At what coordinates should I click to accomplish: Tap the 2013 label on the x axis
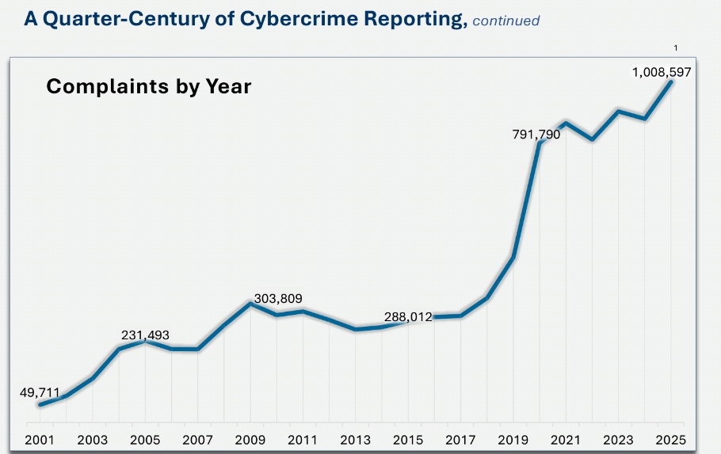(x=355, y=439)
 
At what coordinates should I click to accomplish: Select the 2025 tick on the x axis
(x=670, y=439)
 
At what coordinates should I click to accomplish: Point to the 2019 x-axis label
(x=513, y=439)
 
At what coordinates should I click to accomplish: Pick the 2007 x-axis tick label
(x=198, y=439)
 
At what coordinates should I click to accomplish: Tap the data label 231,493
(x=145, y=335)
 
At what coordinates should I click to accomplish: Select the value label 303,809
(x=278, y=298)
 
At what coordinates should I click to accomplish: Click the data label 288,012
(x=408, y=317)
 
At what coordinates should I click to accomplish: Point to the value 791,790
(x=536, y=134)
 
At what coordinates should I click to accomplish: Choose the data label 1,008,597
(x=662, y=72)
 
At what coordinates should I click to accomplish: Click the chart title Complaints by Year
(x=149, y=86)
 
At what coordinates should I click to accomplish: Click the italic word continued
(x=505, y=21)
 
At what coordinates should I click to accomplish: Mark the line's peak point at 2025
(x=671, y=81)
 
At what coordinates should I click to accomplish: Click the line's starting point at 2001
(x=40, y=405)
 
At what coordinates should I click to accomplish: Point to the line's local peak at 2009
(x=250, y=303)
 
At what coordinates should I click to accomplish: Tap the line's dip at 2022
(x=592, y=139)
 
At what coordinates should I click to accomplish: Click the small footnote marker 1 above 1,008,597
(x=676, y=49)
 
